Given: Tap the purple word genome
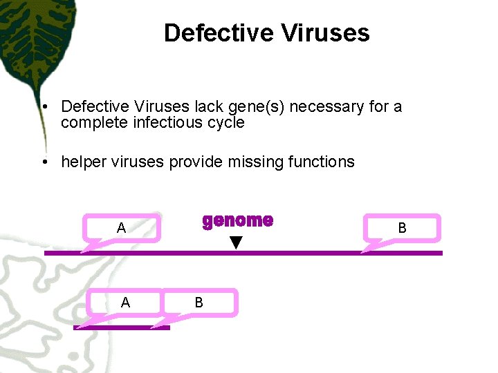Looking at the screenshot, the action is [237, 220].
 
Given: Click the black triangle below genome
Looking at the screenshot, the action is [237, 242].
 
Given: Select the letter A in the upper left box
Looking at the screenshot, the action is [121, 228].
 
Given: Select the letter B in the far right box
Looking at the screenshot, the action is [402, 228].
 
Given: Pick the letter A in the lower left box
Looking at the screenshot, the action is [125, 303].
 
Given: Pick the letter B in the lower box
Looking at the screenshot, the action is [199, 303].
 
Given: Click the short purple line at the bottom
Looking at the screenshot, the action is [121, 327].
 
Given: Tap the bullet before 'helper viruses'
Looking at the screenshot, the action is [44, 162].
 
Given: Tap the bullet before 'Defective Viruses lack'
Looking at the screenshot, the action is [44, 107].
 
